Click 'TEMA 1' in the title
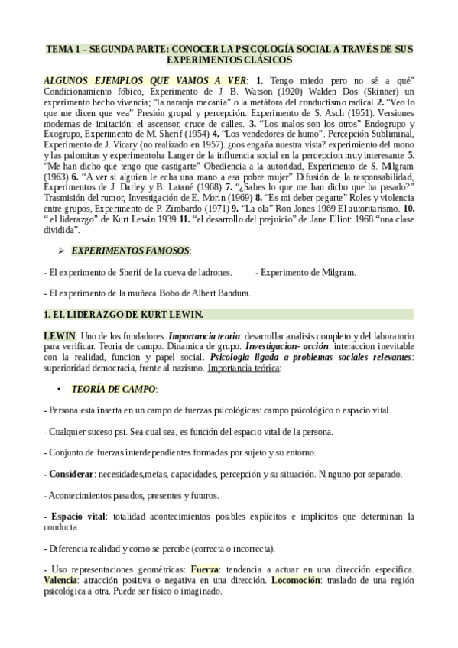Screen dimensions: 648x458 pyautogui.click(x=63, y=48)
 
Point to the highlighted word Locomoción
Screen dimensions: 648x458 pyautogui.click(x=295, y=581)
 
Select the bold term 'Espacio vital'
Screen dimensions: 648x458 pyautogui.click(x=79, y=517)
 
